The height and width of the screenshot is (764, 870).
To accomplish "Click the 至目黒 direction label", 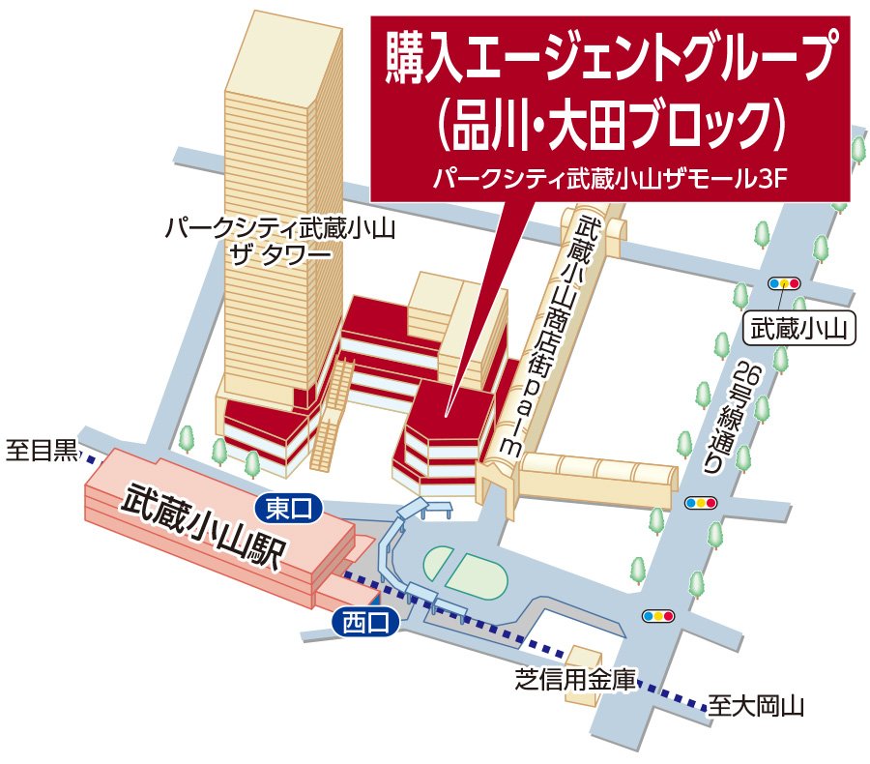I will point(41,451).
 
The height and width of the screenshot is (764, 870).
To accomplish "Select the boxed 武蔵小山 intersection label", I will point(799,330).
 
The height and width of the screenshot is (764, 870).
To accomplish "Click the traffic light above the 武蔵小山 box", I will point(784,284).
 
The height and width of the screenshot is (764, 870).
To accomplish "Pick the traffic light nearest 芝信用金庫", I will point(657,615).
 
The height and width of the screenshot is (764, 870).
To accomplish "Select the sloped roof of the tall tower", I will point(287,53).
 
